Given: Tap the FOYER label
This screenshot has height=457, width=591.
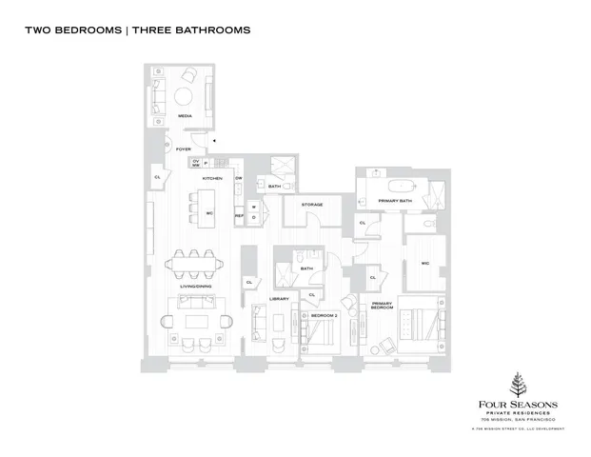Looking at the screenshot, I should pyautogui.click(x=184, y=149).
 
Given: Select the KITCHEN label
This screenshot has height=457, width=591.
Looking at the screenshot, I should pyautogui.click(x=212, y=178).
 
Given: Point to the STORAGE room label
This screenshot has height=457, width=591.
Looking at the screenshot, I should pyautogui.click(x=312, y=205).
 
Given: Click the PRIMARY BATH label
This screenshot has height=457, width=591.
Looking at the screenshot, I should pyautogui.click(x=394, y=201).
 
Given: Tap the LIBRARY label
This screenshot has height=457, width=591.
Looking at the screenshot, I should pyautogui.click(x=278, y=299).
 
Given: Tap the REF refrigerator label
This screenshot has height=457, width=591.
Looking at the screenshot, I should pyautogui.click(x=240, y=216).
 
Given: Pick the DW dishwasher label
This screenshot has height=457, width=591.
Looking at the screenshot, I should pyautogui.click(x=239, y=178).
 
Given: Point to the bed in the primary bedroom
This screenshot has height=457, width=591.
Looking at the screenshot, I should pyautogui.click(x=418, y=324).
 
